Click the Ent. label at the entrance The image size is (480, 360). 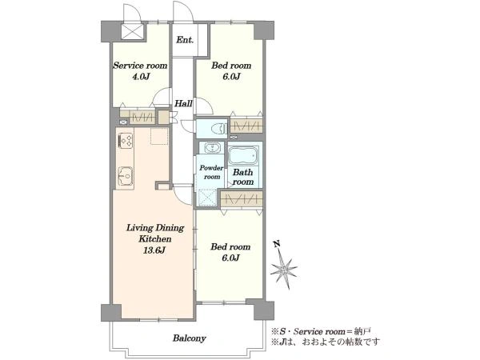coord(186,40)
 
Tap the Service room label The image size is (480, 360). coord(140,66)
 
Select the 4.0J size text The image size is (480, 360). coord(141,77)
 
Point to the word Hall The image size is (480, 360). coord(183,103)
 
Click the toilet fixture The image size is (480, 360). coord(219,129)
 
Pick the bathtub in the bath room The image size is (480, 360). coord(243,156)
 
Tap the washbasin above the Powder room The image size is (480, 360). coord(211,148)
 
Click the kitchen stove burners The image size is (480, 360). coord(126,141)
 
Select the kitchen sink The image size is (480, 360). coord(126,177)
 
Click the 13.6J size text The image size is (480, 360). coord(155,250)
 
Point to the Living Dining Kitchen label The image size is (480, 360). coord(155,234)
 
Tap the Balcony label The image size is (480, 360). coord(189,338)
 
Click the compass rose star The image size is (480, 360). coord(284,270)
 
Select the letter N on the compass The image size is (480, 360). coord(278,244)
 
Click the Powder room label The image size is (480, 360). coord(211,172)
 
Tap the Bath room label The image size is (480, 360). coord(243,177)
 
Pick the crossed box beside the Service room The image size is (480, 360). coord(133,32)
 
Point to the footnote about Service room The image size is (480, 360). coord(321,331)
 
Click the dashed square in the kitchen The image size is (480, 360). coord(159,136)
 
